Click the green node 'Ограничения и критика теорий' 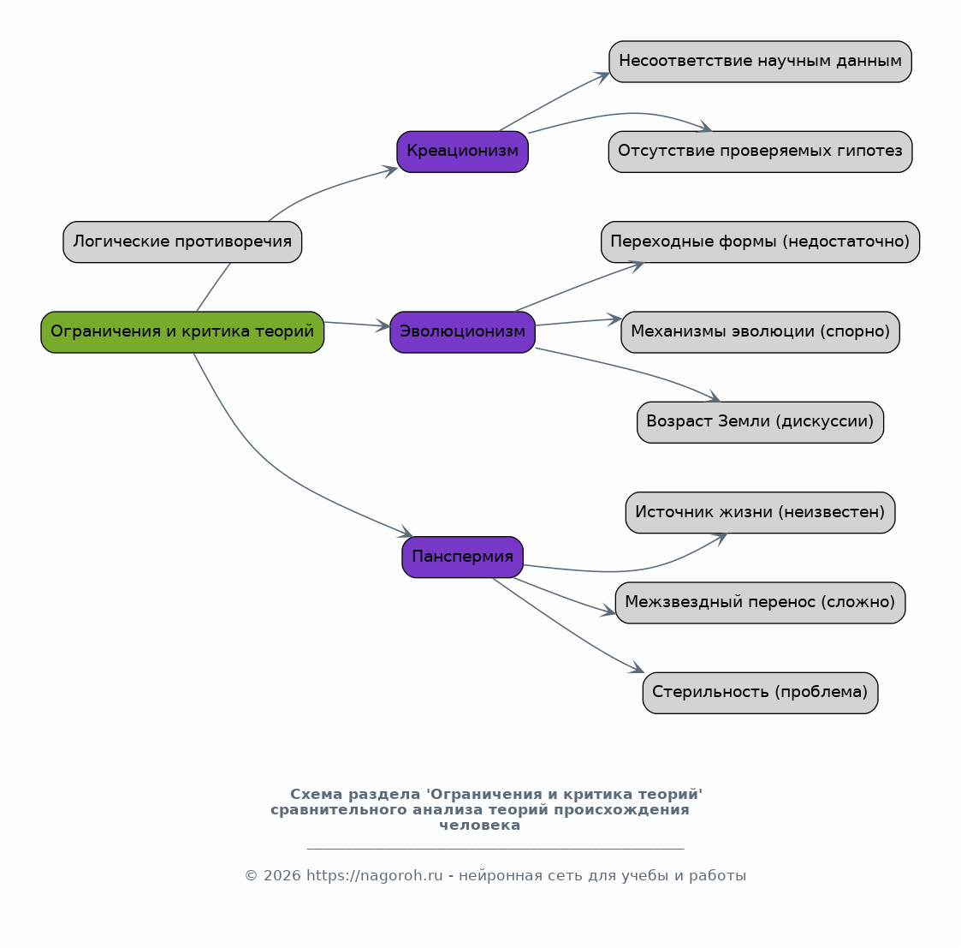(182, 331)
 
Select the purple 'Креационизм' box (462, 152)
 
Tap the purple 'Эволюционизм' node (462, 331)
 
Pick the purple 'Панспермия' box (462, 557)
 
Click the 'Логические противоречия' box (182, 241)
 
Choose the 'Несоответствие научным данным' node (760, 62)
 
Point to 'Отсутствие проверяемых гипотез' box (760, 152)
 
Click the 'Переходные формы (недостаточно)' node (760, 241)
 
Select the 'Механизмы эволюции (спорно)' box (760, 331)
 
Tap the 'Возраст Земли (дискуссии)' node (760, 422)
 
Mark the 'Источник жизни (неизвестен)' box (760, 512)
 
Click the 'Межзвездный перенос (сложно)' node (760, 602)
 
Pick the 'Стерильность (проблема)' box (760, 692)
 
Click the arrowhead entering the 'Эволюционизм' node (383, 325)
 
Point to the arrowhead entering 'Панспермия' (406, 533)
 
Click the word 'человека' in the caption (480, 826)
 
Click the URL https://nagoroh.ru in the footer (375, 876)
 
